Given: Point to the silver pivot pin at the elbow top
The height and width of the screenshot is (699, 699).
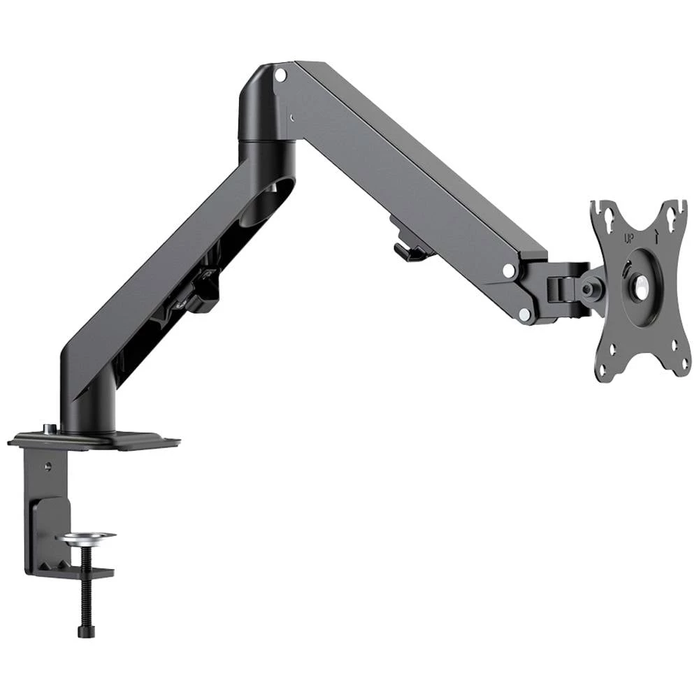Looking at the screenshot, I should [x=280, y=73].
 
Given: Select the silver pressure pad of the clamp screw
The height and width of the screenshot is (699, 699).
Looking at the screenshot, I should [x=89, y=538].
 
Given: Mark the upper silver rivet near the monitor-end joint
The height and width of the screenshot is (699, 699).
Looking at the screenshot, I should [x=508, y=269].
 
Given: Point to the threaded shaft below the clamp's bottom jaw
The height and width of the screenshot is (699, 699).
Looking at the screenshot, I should [x=85, y=601].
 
